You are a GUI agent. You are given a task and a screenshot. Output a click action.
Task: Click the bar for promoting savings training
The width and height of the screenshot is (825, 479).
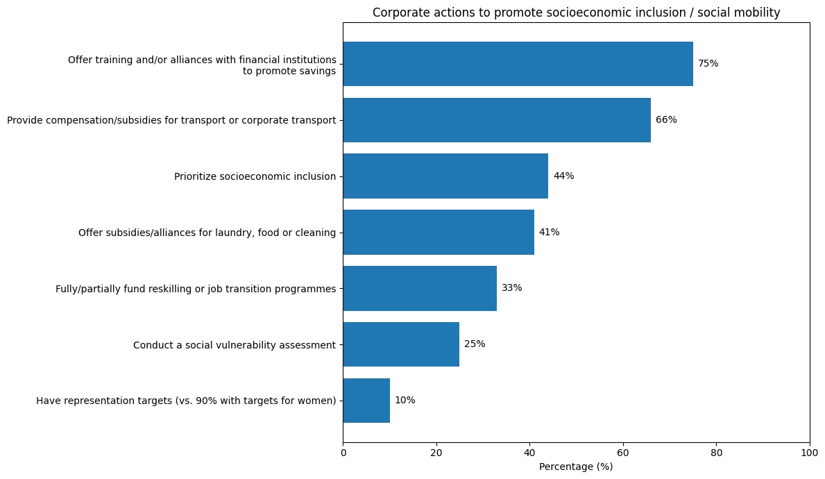pyautogui.click(x=518, y=64)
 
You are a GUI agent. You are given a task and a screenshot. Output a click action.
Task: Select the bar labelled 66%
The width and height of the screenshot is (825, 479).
pyautogui.click(x=497, y=120)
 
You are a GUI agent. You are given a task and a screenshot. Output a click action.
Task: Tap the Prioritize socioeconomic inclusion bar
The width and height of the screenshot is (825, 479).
pyautogui.click(x=445, y=176)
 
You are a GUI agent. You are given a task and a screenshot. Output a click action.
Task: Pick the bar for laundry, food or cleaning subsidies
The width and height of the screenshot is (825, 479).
pyautogui.click(x=439, y=233)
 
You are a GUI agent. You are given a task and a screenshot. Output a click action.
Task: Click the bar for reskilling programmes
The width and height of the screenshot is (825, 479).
pyautogui.click(x=420, y=288)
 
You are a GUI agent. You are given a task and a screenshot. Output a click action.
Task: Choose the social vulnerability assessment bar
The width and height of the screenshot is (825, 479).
pyautogui.click(x=401, y=344)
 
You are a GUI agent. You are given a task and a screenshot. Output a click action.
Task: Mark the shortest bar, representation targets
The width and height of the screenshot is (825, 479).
pyautogui.click(x=366, y=401)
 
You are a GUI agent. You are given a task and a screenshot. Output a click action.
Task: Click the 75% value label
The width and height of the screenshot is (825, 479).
pyautogui.click(x=708, y=64)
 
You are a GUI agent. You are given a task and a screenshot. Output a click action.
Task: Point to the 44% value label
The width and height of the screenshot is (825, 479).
pyautogui.click(x=563, y=176)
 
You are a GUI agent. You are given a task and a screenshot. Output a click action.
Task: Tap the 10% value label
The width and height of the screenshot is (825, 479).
pyautogui.click(x=405, y=401)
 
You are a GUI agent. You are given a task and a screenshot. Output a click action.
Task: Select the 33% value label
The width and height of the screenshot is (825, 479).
pyautogui.click(x=511, y=288)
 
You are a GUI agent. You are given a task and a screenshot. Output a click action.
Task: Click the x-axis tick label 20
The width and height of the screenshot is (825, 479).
pyautogui.click(x=436, y=453)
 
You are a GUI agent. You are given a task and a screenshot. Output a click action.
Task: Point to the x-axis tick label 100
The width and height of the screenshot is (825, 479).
pyautogui.click(x=809, y=453)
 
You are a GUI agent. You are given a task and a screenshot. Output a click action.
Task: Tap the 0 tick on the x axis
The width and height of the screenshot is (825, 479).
pyautogui.click(x=343, y=453)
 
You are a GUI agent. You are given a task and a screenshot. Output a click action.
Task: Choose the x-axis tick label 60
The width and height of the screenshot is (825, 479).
pyautogui.click(x=623, y=453)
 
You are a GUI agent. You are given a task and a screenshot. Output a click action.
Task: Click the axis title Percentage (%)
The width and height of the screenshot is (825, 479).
pyautogui.click(x=576, y=467)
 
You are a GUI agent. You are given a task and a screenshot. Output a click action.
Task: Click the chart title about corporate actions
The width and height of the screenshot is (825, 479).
pyautogui.click(x=576, y=12)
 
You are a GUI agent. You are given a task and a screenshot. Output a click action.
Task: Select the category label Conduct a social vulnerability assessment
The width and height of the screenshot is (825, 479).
pyautogui.click(x=234, y=345)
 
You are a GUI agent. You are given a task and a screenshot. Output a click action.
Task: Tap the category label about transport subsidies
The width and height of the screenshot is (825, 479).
pyautogui.click(x=171, y=120)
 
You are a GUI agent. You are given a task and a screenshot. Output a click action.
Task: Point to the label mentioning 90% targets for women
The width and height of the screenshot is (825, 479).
pyautogui.click(x=186, y=401)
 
